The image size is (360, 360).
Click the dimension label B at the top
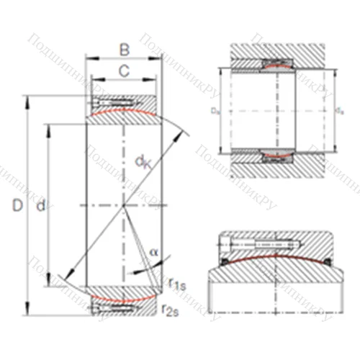tap(124, 50)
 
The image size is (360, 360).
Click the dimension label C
tap(124, 71)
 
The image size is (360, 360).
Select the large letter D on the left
tap(17, 207)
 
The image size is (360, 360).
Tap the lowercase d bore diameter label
tap(42, 207)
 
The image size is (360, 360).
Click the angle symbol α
tap(154, 252)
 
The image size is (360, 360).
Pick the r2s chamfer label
tap(171, 310)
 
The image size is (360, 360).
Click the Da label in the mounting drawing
tap(214, 112)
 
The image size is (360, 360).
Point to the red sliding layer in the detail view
tap(274, 254)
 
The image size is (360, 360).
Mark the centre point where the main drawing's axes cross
tap(124, 206)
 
